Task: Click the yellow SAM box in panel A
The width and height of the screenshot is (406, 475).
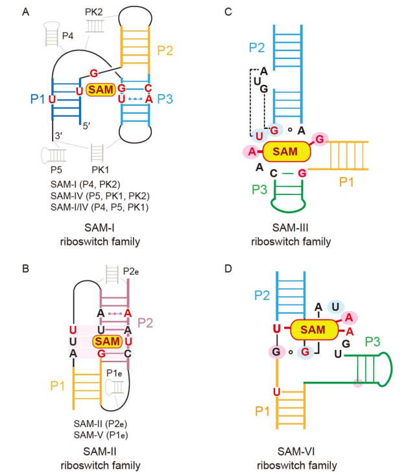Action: pyautogui.click(x=101, y=89)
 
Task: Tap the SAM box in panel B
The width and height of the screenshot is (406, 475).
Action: pyautogui.click(x=108, y=342)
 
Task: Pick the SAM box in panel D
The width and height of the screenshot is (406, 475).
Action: pyautogui.click(x=314, y=330)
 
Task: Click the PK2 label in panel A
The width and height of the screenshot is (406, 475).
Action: pyautogui.click(x=93, y=12)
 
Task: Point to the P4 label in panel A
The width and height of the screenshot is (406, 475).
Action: pyautogui.click(x=67, y=36)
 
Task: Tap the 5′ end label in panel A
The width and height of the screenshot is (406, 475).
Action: pyautogui.click(x=87, y=126)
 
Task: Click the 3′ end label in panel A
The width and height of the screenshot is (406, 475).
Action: pyautogui.click(x=58, y=135)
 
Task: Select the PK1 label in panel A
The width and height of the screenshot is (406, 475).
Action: pyautogui.click(x=101, y=170)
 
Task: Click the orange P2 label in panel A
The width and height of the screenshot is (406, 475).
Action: pyautogui.click(x=165, y=51)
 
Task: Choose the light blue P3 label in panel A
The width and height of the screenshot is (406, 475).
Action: pyautogui.click(x=165, y=99)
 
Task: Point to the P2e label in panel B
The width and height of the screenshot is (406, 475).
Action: pyautogui.click(x=131, y=272)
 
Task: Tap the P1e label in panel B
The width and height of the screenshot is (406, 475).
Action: pyautogui.click(x=114, y=373)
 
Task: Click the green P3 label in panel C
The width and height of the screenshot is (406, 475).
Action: pyautogui.click(x=259, y=190)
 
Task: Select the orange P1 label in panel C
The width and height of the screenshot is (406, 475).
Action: pyautogui.click(x=346, y=182)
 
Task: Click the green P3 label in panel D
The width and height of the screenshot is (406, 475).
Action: pyautogui.click(x=373, y=342)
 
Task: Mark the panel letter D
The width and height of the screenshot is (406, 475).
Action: pyautogui.click(x=228, y=269)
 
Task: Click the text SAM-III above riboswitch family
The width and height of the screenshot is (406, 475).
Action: pyautogui.click(x=291, y=228)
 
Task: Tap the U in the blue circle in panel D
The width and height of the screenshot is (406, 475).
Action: pyautogui.click(x=335, y=307)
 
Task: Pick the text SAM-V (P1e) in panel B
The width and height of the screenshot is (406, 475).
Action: pyautogui.click(x=101, y=435)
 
